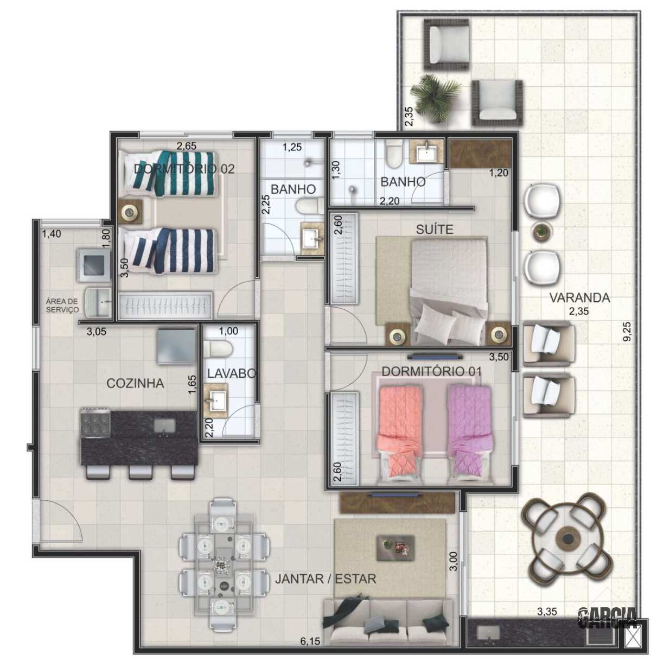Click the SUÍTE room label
pos(435,229)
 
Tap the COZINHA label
pos(135,383)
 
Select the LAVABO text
pos(232,373)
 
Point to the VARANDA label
pos(579,298)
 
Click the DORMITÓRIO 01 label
pos(432,372)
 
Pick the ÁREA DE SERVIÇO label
pos(62,306)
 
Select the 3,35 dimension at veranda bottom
pos(547,611)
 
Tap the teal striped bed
pos(170,173)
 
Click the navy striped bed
pos(170,250)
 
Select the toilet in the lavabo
pos(218,349)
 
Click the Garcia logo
pos(608,618)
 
